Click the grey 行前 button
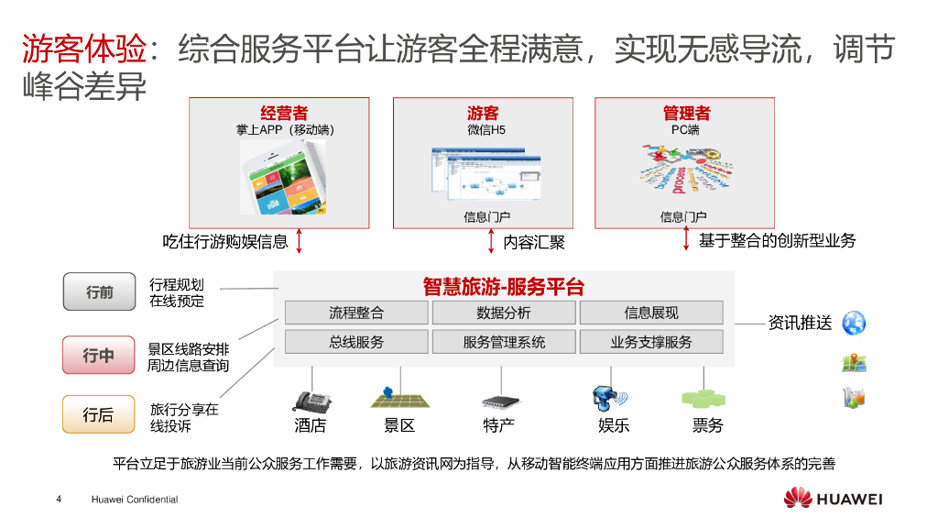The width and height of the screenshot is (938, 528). coord(99,292)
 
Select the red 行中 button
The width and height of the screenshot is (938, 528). coord(99,355)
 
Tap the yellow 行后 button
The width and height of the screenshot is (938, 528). coord(99,414)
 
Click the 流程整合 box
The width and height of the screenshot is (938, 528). coord(356,313)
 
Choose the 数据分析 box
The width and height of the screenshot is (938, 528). coord(503,313)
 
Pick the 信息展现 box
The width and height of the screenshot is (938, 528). coord(650,313)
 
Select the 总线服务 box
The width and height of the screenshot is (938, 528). coord(356,342)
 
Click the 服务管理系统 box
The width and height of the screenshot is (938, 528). coord(503,342)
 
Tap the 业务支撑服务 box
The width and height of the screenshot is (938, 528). coord(650,342)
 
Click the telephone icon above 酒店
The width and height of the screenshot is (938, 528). coord(311,401)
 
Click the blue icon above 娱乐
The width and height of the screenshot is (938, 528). coord(607,399)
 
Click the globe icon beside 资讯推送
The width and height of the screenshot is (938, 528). coord(855,322)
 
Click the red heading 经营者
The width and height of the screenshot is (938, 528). coord(284,114)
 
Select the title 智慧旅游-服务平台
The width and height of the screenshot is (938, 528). coord(503,286)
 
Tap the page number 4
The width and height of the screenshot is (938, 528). coord(59,500)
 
